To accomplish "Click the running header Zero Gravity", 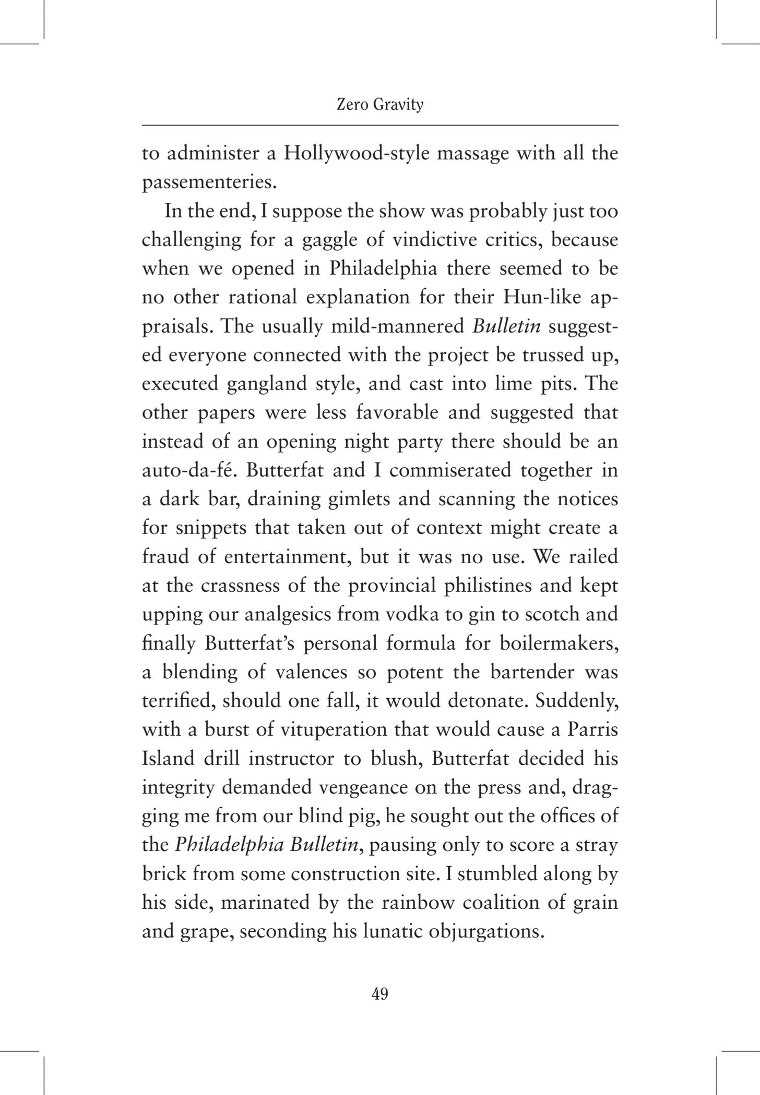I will [379, 105].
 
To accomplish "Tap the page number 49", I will [379, 994].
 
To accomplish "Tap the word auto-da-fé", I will [189, 470].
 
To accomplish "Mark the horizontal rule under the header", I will [379, 125].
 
